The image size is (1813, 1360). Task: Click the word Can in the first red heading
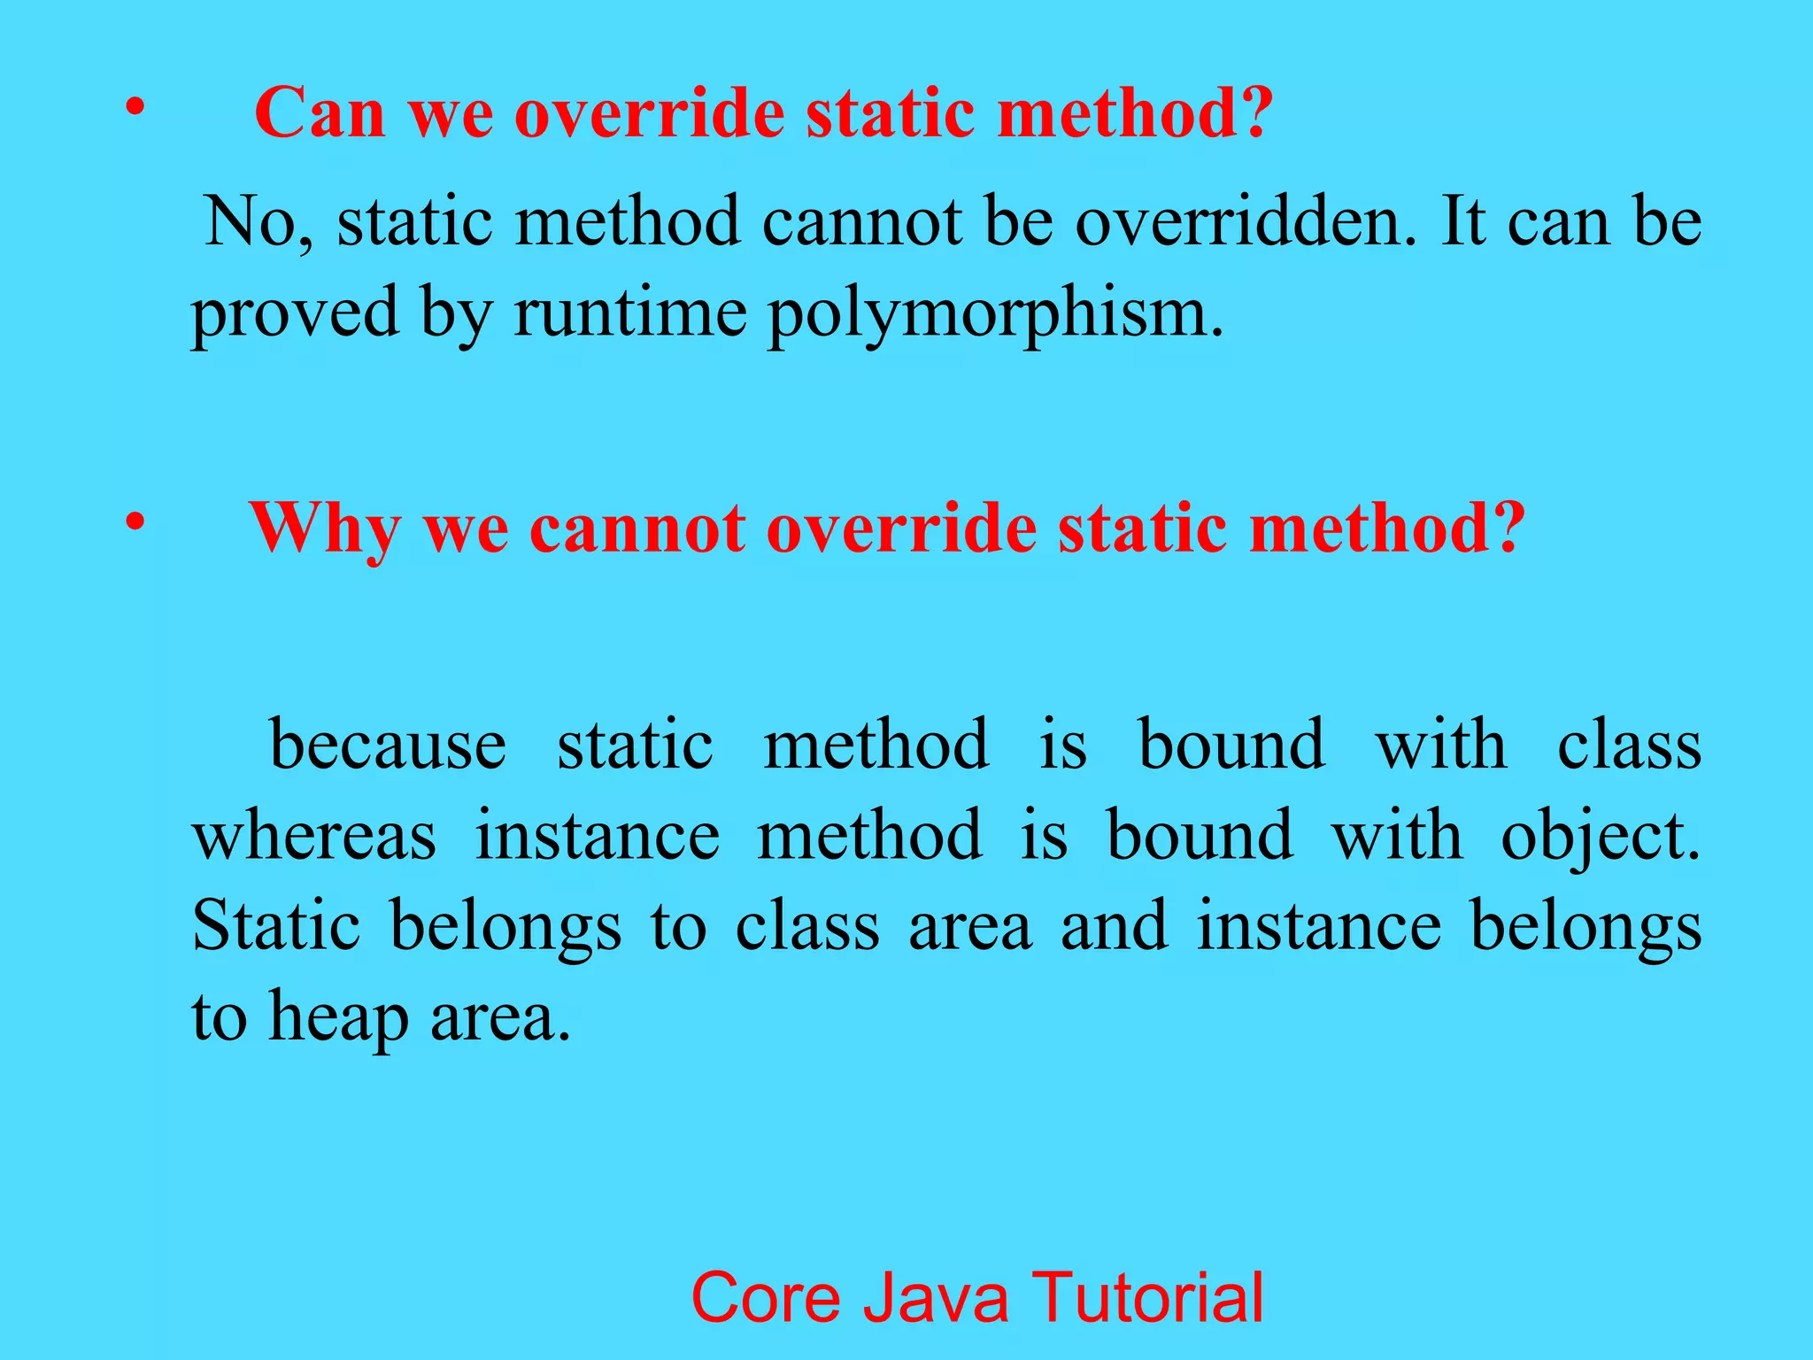[x=320, y=113]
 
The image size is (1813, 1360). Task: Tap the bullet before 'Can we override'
[x=135, y=108]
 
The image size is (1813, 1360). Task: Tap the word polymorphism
[x=996, y=314]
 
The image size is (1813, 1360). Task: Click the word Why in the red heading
[x=325, y=529]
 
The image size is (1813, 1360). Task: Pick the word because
[x=388, y=745]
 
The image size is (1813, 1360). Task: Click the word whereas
[x=314, y=836]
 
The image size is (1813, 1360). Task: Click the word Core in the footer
[x=766, y=1297]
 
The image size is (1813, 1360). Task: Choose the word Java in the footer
[x=936, y=1297]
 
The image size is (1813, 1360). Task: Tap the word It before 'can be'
[x=1463, y=221]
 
